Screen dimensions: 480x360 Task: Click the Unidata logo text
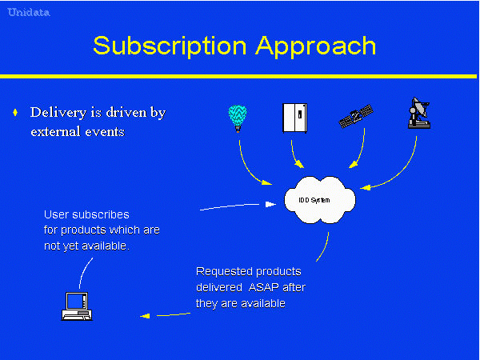pos(29,13)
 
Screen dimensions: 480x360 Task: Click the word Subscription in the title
pos(170,46)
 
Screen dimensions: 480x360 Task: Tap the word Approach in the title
pos(316,46)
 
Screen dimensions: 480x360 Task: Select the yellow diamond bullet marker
pos(15,113)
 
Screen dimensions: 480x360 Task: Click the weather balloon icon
pos(238,118)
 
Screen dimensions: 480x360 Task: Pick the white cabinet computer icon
pos(294,118)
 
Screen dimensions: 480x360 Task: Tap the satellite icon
pos(356,117)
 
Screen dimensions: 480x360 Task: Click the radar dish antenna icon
pos(419,113)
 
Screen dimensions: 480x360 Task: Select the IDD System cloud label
pos(314,200)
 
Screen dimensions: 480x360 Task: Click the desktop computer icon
pos(77,306)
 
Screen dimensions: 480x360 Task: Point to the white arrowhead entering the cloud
pos(270,204)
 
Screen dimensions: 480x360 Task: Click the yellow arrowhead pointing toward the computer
pos(145,316)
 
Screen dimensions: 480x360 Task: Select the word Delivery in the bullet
pos(58,113)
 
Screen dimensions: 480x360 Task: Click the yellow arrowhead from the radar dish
pos(366,188)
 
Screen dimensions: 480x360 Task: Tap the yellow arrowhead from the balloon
pos(267,182)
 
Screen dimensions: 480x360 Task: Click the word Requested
pos(224,272)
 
